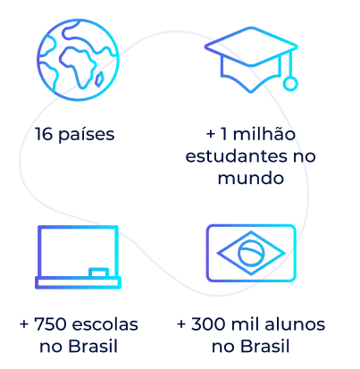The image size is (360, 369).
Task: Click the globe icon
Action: click(x=78, y=60)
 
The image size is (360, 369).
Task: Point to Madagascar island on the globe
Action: click(x=99, y=80)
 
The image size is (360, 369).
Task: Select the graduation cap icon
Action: click(x=251, y=60)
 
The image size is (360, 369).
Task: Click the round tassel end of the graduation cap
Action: click(x=290, y=84)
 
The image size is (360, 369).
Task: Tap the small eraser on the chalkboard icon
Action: click(x=98, y=273)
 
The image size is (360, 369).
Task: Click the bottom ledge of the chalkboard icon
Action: click(x=78, y=282)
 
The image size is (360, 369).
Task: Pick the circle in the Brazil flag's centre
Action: click(x=251, y=253)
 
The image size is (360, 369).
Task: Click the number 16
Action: click(x=44, y=134)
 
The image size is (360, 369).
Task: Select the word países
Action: click(x=87, y=135)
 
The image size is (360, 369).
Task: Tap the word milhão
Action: click(x=264, y=134)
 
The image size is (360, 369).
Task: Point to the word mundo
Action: click(x=251, y=178)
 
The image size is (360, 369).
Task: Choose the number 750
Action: click(x=50, y=324)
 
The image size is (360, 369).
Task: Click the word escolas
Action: click(x=105, y=324)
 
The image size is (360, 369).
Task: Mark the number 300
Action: click(x=208, y=324)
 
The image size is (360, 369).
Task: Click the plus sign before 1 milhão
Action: click(x=211, y=134)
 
